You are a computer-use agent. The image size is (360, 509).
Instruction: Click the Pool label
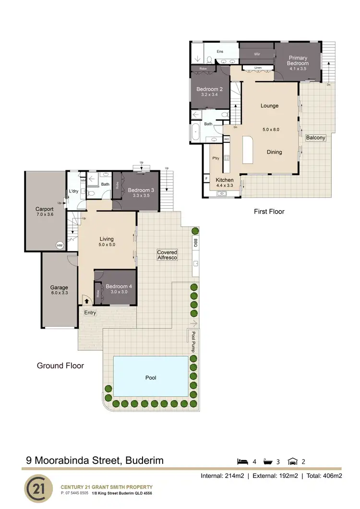151,378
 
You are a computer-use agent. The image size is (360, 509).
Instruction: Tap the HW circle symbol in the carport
60,245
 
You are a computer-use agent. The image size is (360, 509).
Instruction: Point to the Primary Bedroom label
298,61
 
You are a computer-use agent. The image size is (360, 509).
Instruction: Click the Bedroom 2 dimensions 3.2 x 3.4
209,95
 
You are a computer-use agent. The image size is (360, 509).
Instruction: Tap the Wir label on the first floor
257,54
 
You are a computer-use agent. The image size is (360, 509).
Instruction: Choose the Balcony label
315,138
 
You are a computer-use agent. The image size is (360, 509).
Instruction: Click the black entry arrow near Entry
86,301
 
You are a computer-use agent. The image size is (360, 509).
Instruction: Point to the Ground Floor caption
60,366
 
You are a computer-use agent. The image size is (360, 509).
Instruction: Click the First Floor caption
269,211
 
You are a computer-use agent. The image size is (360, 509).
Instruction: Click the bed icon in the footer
243,462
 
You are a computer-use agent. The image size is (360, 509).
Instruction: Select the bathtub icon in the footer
267,462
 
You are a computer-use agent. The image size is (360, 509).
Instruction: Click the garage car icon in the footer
292,462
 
